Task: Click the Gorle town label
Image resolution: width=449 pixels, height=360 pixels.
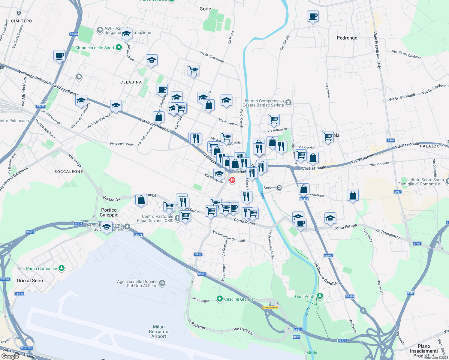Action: point(205,9)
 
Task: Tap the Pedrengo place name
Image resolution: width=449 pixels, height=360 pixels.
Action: point(347,38)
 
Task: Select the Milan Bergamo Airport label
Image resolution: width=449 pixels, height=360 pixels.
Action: point(158,331)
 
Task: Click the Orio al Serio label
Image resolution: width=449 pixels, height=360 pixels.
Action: point(30,280)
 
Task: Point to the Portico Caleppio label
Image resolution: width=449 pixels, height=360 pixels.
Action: point(109,212)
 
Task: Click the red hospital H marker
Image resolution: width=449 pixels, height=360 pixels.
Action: point(232,180)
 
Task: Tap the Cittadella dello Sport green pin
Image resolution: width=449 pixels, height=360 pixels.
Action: point(119,47)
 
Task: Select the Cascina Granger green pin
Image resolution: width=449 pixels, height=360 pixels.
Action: point(220,299)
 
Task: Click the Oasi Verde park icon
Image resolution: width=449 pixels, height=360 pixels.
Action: point(320,296)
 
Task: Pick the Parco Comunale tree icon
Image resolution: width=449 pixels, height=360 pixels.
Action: point(62,268)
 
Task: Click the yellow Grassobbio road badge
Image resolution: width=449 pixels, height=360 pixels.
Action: point(270,307)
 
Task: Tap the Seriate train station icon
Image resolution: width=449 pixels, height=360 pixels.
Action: point(279,188)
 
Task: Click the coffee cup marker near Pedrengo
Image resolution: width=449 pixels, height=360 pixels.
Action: point(313,16)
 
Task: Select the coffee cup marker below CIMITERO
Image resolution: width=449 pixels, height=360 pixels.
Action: point(59,56)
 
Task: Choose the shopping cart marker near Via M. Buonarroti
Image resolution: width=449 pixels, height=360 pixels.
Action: point(193,71)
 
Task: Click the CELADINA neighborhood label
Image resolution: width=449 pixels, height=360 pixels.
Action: point(131,82)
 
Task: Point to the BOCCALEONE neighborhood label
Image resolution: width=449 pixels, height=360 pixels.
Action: point(68,172)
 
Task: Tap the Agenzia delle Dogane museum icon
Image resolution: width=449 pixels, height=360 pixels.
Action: point(162,283)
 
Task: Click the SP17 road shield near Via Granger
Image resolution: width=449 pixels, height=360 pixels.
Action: point(198,254)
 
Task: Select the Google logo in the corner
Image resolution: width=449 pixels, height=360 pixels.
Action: point(10,356)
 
